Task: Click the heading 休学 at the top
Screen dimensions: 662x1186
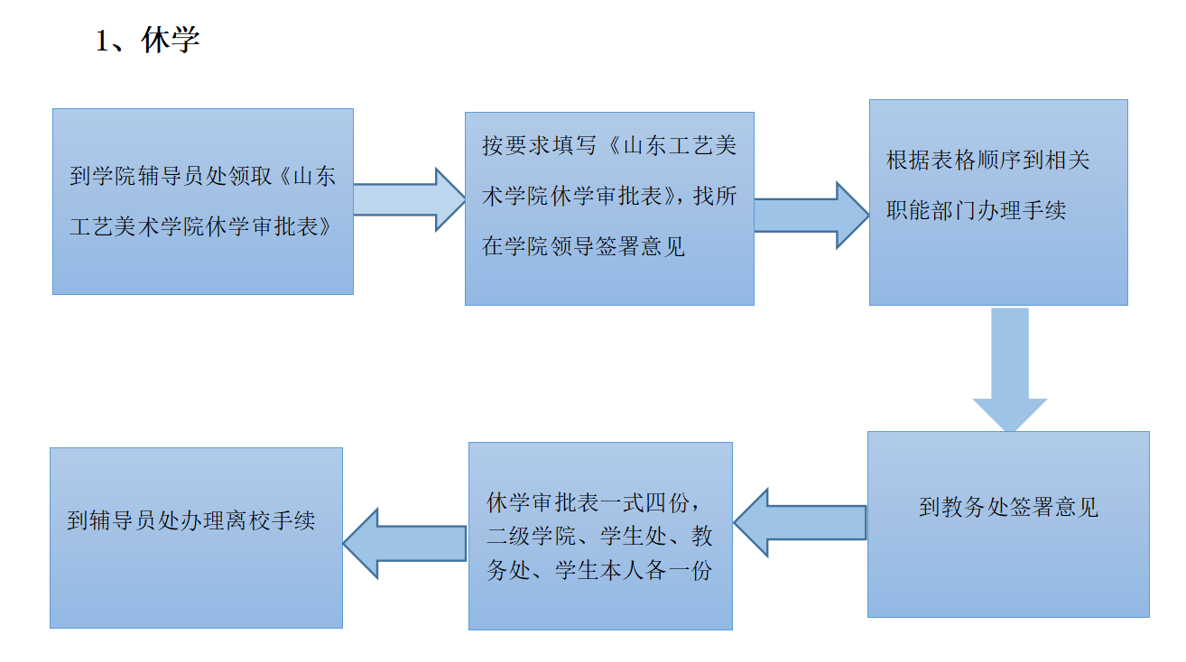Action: pyautogui.click(x=171, y=41)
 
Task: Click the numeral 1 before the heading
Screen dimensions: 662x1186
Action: pyautogui.click(x=103, y=41)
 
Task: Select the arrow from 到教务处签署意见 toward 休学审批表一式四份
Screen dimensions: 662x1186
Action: pyautogui.click(x=799, y=523)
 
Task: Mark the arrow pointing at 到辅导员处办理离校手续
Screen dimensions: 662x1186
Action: pyautogui.click(x=404, y=542)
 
